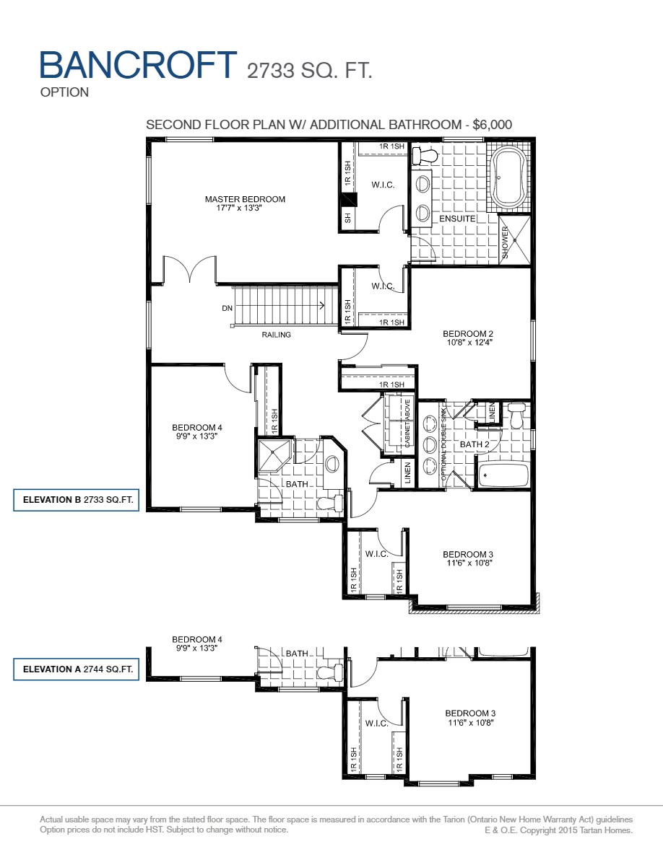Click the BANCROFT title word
tap(138, 65)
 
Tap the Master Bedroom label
tap(245, 199)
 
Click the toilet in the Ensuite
tap(426, 156)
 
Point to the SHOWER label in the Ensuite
tap(506, 242)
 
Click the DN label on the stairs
tap(227, 308)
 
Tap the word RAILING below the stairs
tap(276, 335)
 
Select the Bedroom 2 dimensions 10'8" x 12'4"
tap(468, 343)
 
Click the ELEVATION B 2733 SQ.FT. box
tap(77, 501)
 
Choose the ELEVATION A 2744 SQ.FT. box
tap(77, 669)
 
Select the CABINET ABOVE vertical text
tap(407, 423)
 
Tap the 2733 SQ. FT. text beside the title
tap(309, 71)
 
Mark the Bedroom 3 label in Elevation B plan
tap(468, 554)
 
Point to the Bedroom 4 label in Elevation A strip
tap(197, 639)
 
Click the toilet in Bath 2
tap(516, 416)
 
